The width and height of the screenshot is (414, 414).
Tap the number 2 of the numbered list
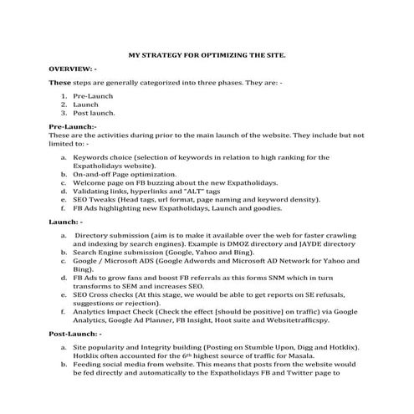pos(64,104)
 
